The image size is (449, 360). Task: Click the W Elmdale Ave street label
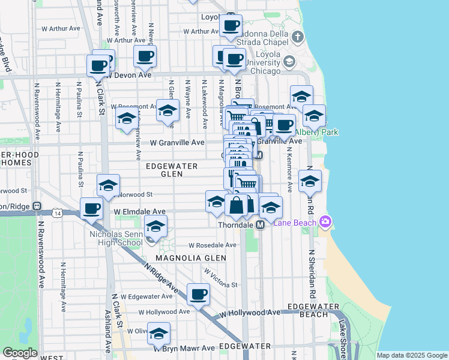[140, 212]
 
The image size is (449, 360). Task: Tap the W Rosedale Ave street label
[212, 245]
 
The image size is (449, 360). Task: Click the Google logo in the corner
[20, 352]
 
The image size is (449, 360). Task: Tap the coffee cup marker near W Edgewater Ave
[199, 295]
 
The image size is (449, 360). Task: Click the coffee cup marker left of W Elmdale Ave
[91, 209]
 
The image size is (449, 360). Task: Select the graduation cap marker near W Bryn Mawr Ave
[158, 334]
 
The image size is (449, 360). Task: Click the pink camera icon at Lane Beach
[325, 222]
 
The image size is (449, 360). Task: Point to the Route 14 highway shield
[57, 213]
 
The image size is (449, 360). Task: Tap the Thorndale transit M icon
[261, 224]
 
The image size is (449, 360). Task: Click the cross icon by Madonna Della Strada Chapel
[298, 38]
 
